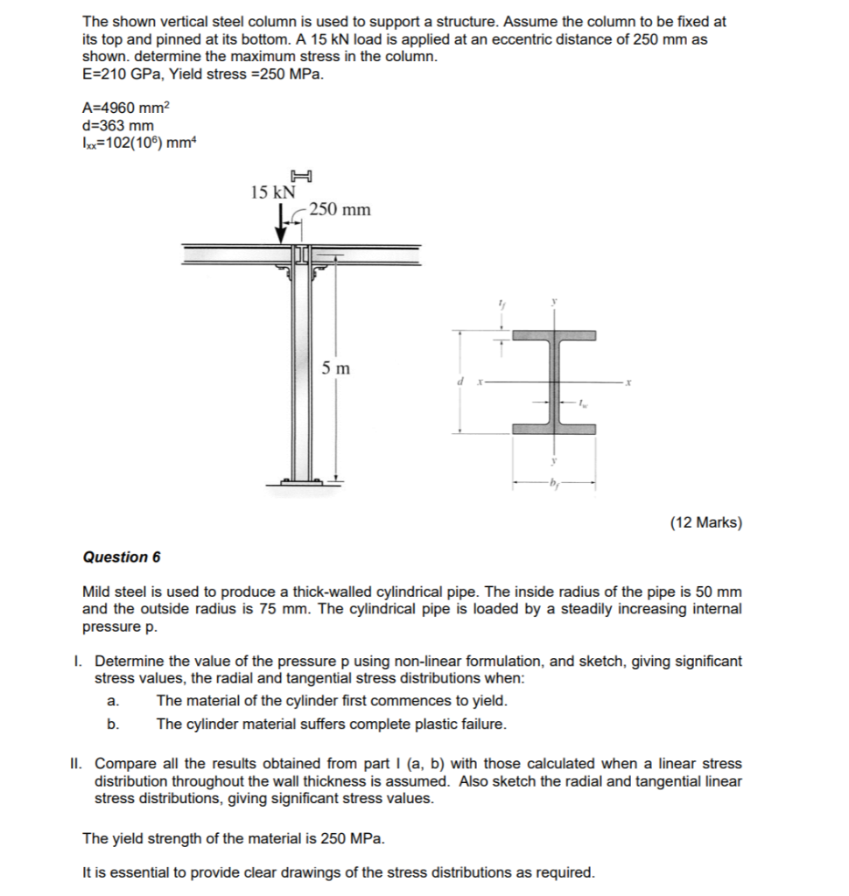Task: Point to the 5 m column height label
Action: click(x=335, y=368)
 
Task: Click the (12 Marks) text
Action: click(x=705, y=523)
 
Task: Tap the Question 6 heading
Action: click(x=122, y=557)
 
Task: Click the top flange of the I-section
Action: click(x=554, y=336)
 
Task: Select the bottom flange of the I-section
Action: click(x=554, y=429)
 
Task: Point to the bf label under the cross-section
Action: click(x=553, y=484)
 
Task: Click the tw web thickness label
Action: click(x=583, y=403)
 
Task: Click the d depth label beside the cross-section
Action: click(x=460, y=382)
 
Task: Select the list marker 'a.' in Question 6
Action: click(x=111, y=701)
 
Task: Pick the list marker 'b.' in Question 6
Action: click(x=111, y=724)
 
